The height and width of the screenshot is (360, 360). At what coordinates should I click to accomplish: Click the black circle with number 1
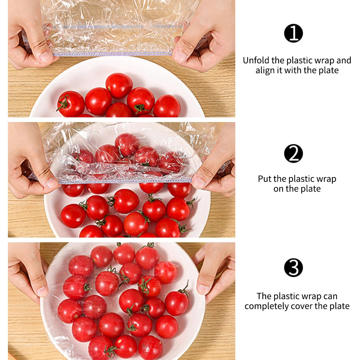coord(293,33)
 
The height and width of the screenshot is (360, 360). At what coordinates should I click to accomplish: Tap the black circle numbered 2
coord(293,153)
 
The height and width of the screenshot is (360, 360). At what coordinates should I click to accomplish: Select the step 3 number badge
coord(293,268)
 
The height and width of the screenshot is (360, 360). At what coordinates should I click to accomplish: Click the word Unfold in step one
coord(256,60)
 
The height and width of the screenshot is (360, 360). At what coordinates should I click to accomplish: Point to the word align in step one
coord(264,70)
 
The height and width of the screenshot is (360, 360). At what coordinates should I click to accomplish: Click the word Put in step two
coord(265,179)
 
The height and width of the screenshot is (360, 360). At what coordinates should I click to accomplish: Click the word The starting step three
coord(264,296)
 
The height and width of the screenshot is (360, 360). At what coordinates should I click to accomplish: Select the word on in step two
coord(278,189)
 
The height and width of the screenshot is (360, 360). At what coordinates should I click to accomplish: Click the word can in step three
coord(330,296)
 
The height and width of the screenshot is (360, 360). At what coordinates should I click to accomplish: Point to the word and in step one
coord(344,60)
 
